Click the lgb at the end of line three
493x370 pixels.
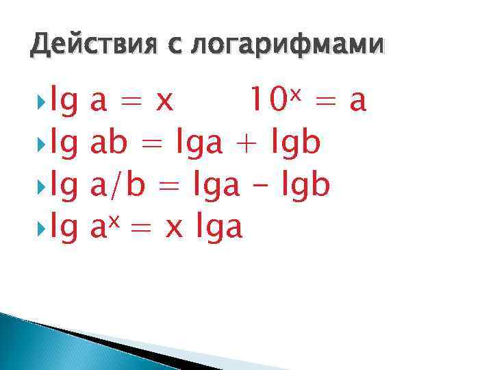[x=305, y=186]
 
